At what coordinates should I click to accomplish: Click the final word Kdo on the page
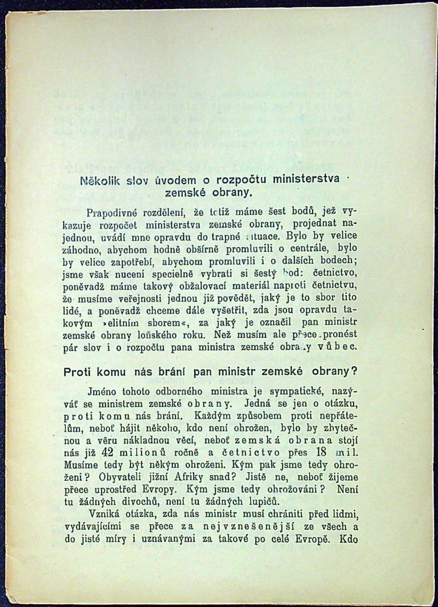(x=350, y=540)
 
